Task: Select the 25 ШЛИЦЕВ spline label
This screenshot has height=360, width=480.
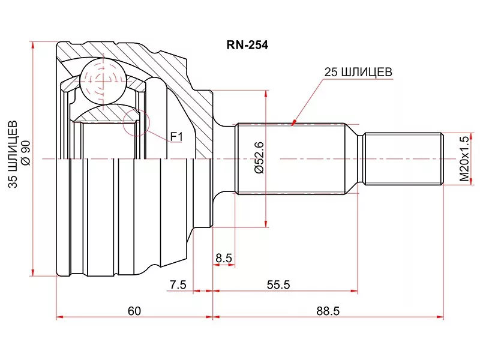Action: (x=358, y=72)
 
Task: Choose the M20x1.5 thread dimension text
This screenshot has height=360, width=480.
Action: (x=463, y=158)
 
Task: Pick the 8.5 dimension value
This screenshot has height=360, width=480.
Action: (x=224, y=259)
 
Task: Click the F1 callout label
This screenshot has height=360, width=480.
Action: (x=175, y=137)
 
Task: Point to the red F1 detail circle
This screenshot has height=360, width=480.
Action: (x=134, y=123)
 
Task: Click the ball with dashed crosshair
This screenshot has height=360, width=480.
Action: (x=102, y=79)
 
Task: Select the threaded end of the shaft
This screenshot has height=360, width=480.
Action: (x=403, y=158)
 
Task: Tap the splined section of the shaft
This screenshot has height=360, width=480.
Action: (x=292, y=158)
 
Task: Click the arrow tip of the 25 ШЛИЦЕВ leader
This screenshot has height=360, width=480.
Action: (x=292, y=124)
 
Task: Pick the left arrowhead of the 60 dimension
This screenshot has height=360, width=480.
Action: (x=58, y=317)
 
